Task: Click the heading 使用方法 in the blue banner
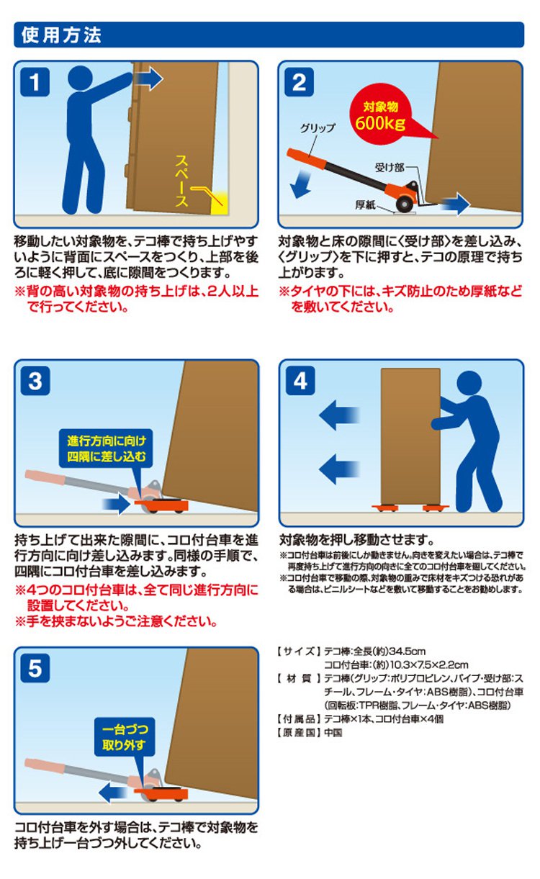pyautogui.click(x=61, y=35)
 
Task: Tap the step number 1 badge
pyautogui.click(x=35, y=82)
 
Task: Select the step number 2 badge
pyautogui.click(x=299, y=82)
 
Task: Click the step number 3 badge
pyautogui.click(x=35, y=381)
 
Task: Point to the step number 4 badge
pyautogui.click(x=300, y=381)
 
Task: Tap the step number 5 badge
pyautogui.click(x=35, y=668)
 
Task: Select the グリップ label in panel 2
pyautogui.click(x=318, y=128)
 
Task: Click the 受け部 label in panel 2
pyautogui.click(x=390, y=168)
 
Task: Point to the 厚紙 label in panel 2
pyautogui.click(x=365, y=204)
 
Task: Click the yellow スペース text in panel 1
pyautogui.click(x=181, y=181)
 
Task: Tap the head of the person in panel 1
pyautogui.click(x=81, y=78)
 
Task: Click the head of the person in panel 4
pyautogui.click(x=469, y=383)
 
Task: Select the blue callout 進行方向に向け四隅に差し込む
pyautogui.click(x=106, y=448)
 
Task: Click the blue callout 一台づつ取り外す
pyautogui.click(x=125, y=737)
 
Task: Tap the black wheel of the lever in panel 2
pyautogui.click(x=404, y=204)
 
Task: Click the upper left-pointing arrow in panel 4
pyautogui.click(x=339, y=415)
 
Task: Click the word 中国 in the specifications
pyautogui.click(x=333, y=732)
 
